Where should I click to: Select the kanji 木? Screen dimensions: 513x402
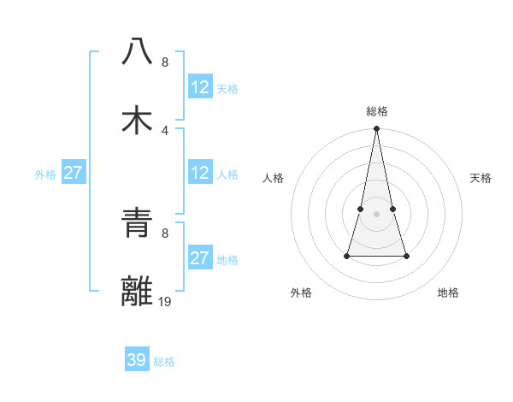pos(137,120)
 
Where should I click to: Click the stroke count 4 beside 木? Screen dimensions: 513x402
pos(164,130)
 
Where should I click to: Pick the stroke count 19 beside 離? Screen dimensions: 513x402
pos(164,301)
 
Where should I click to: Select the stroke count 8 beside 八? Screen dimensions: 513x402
pos(164,62)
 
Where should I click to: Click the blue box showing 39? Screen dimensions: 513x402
pos(137,360)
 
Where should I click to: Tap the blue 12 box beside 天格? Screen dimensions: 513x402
pos(200,87)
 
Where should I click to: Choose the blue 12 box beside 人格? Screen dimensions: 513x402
pos(200,173)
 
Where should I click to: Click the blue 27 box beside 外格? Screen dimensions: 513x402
pos(74,173)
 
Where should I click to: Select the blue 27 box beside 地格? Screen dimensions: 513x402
pos(200,258)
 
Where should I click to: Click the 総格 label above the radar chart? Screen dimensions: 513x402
pos(377,111)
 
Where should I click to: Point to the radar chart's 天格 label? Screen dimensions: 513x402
pos(481,178)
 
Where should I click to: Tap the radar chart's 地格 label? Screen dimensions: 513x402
pos(448,293)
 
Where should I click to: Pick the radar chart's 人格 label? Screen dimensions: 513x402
pos(273,178)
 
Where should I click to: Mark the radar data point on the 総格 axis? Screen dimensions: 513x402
pos(377,129)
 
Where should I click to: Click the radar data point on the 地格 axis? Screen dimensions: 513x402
pos(406,256)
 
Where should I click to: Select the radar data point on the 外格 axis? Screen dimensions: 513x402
pos(348,256)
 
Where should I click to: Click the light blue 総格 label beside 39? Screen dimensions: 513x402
pos(164,362)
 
